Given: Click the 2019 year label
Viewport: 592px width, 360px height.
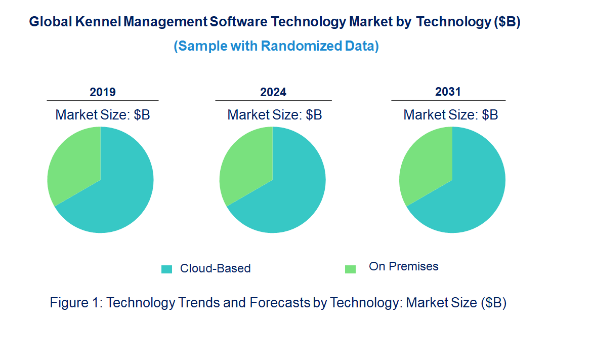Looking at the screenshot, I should point(103,92).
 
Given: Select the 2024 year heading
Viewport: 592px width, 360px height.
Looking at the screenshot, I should point(273,92).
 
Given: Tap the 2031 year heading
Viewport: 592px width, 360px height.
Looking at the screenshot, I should point(448,92).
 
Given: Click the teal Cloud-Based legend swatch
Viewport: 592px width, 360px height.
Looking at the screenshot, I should point(166,269).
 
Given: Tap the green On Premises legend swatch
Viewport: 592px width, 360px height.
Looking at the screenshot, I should point(350,269).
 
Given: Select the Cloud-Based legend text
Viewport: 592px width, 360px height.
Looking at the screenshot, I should point(215,268).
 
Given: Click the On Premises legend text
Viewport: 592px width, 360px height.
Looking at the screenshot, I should point(403,266).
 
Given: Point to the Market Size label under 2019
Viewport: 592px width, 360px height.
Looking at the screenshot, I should point(103,115).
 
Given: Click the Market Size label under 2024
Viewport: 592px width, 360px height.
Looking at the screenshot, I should point(275,115).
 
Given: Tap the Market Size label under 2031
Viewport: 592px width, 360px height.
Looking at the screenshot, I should point(450,115).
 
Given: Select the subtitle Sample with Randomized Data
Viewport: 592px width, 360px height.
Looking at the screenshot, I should point(276,46).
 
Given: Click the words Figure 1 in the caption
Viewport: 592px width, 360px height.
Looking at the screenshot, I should point(76,303).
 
